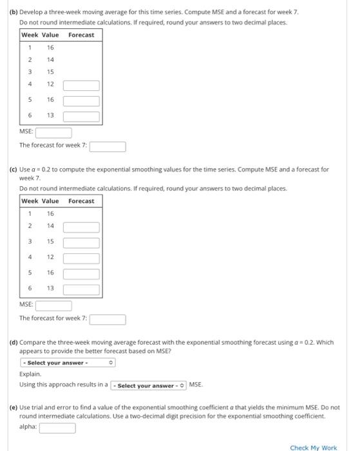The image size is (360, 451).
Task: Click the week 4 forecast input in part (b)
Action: (81, 85)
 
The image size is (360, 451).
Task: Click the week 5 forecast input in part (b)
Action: (81, 101)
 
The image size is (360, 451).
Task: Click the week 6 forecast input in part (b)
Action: (81, 116)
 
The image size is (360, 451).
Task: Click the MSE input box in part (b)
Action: (53, 132)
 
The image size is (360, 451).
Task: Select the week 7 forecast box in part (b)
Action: (107, 146)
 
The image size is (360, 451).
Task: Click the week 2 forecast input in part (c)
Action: (81, 227)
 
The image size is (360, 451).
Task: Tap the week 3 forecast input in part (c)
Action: (81, 242)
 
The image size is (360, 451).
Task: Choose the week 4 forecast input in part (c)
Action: (81, 258)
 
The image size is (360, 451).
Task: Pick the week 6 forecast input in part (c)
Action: (81, 289)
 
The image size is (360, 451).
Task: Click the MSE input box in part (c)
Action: (53, 305)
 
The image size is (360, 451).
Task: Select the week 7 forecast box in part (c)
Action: (107, 319)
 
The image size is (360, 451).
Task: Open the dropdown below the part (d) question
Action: (68, 363)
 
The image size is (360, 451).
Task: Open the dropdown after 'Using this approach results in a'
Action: (149, 385)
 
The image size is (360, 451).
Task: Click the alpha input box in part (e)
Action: (57, 427)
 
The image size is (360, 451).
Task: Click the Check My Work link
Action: (313, 447)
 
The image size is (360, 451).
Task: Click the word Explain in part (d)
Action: (30, 374)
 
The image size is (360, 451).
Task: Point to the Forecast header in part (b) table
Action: (81, 35)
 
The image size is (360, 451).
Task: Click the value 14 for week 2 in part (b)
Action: (50, 59)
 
